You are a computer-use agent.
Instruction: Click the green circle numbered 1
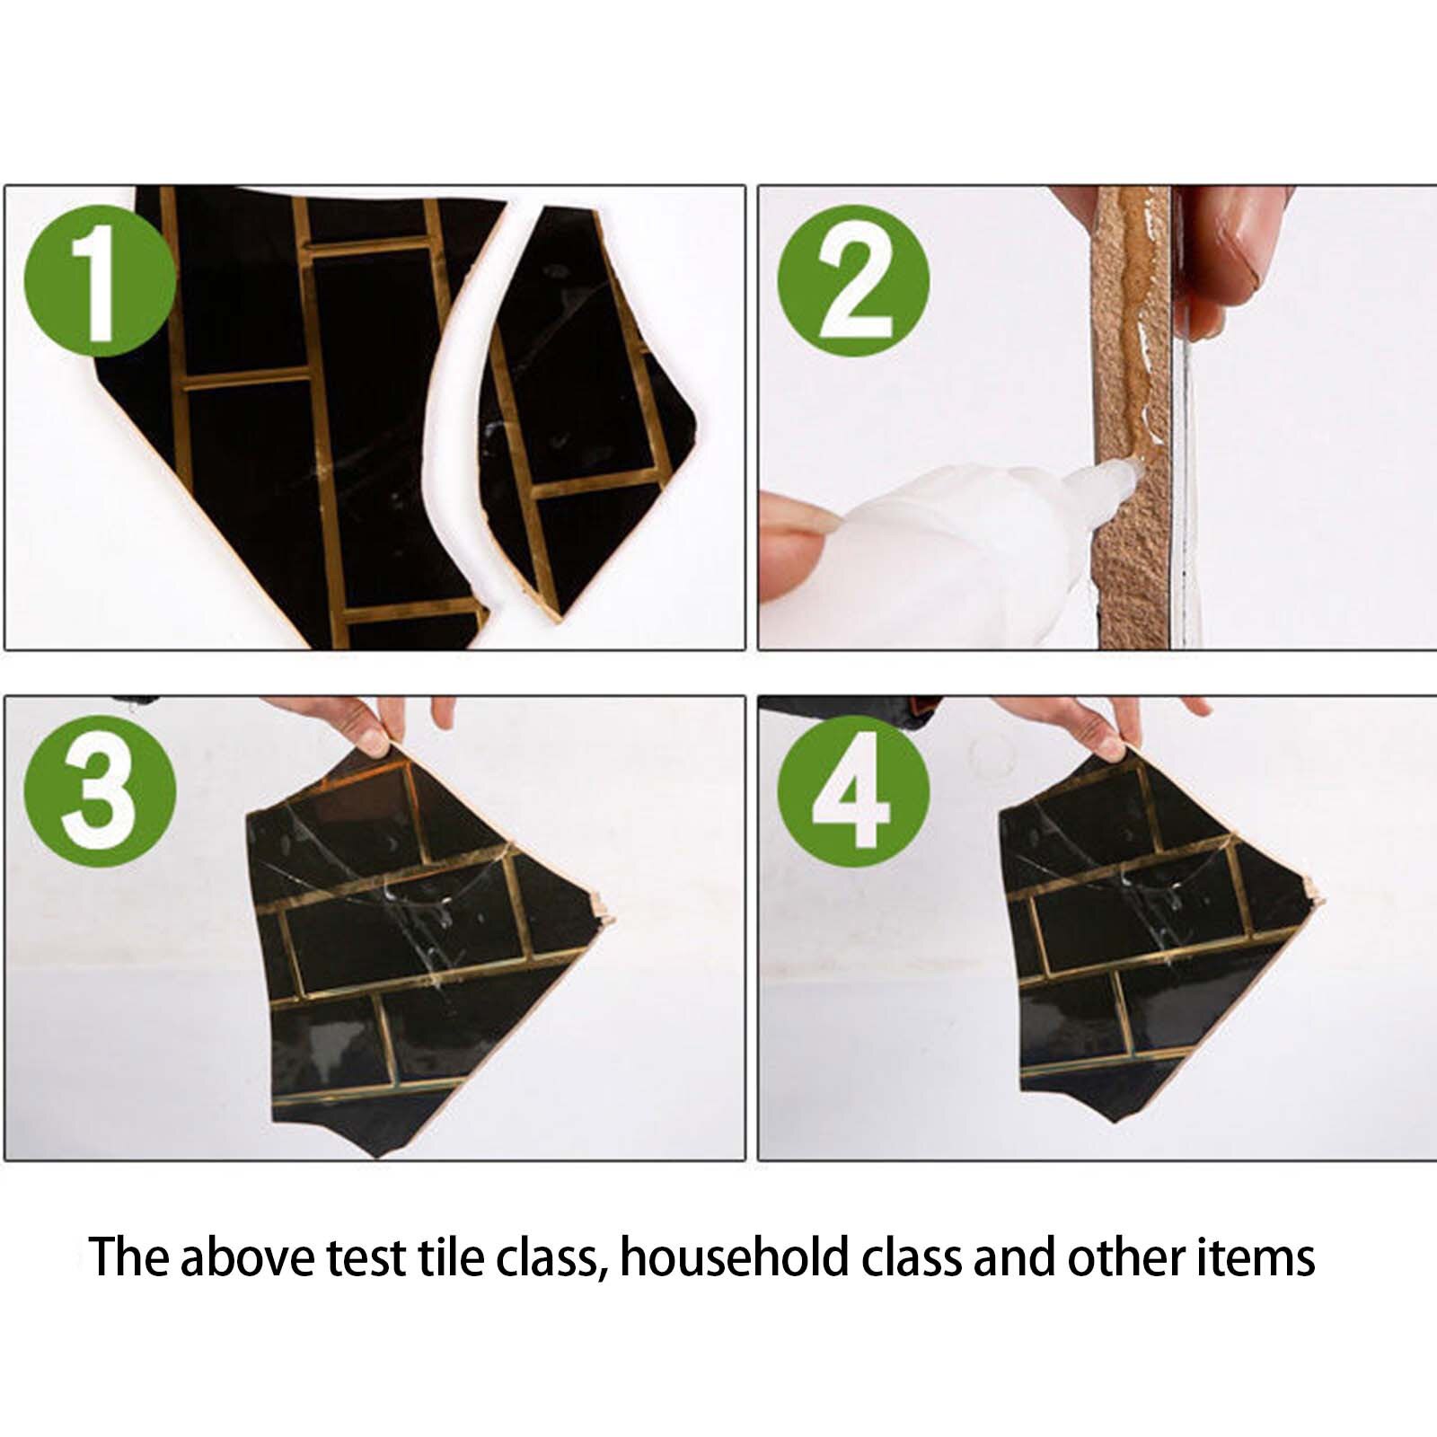[x=101, y=281]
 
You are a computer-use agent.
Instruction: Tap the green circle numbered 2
[x=853, y=281]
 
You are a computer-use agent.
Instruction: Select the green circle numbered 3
[x=101, y=791]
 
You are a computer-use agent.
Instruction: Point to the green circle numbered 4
[x=853, y=791]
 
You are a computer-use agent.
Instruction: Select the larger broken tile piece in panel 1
[x=305, y=413]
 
